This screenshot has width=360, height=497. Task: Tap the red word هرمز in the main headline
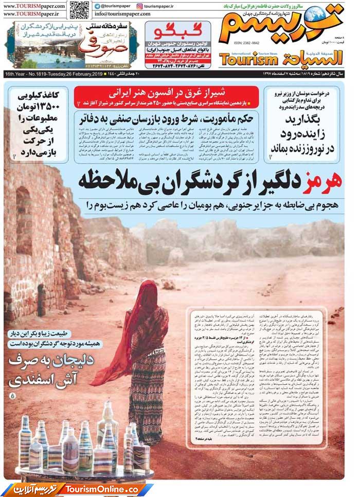327,182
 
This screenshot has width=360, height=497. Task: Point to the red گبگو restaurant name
177,30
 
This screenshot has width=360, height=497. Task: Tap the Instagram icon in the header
140,6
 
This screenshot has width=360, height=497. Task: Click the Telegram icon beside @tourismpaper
97,6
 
